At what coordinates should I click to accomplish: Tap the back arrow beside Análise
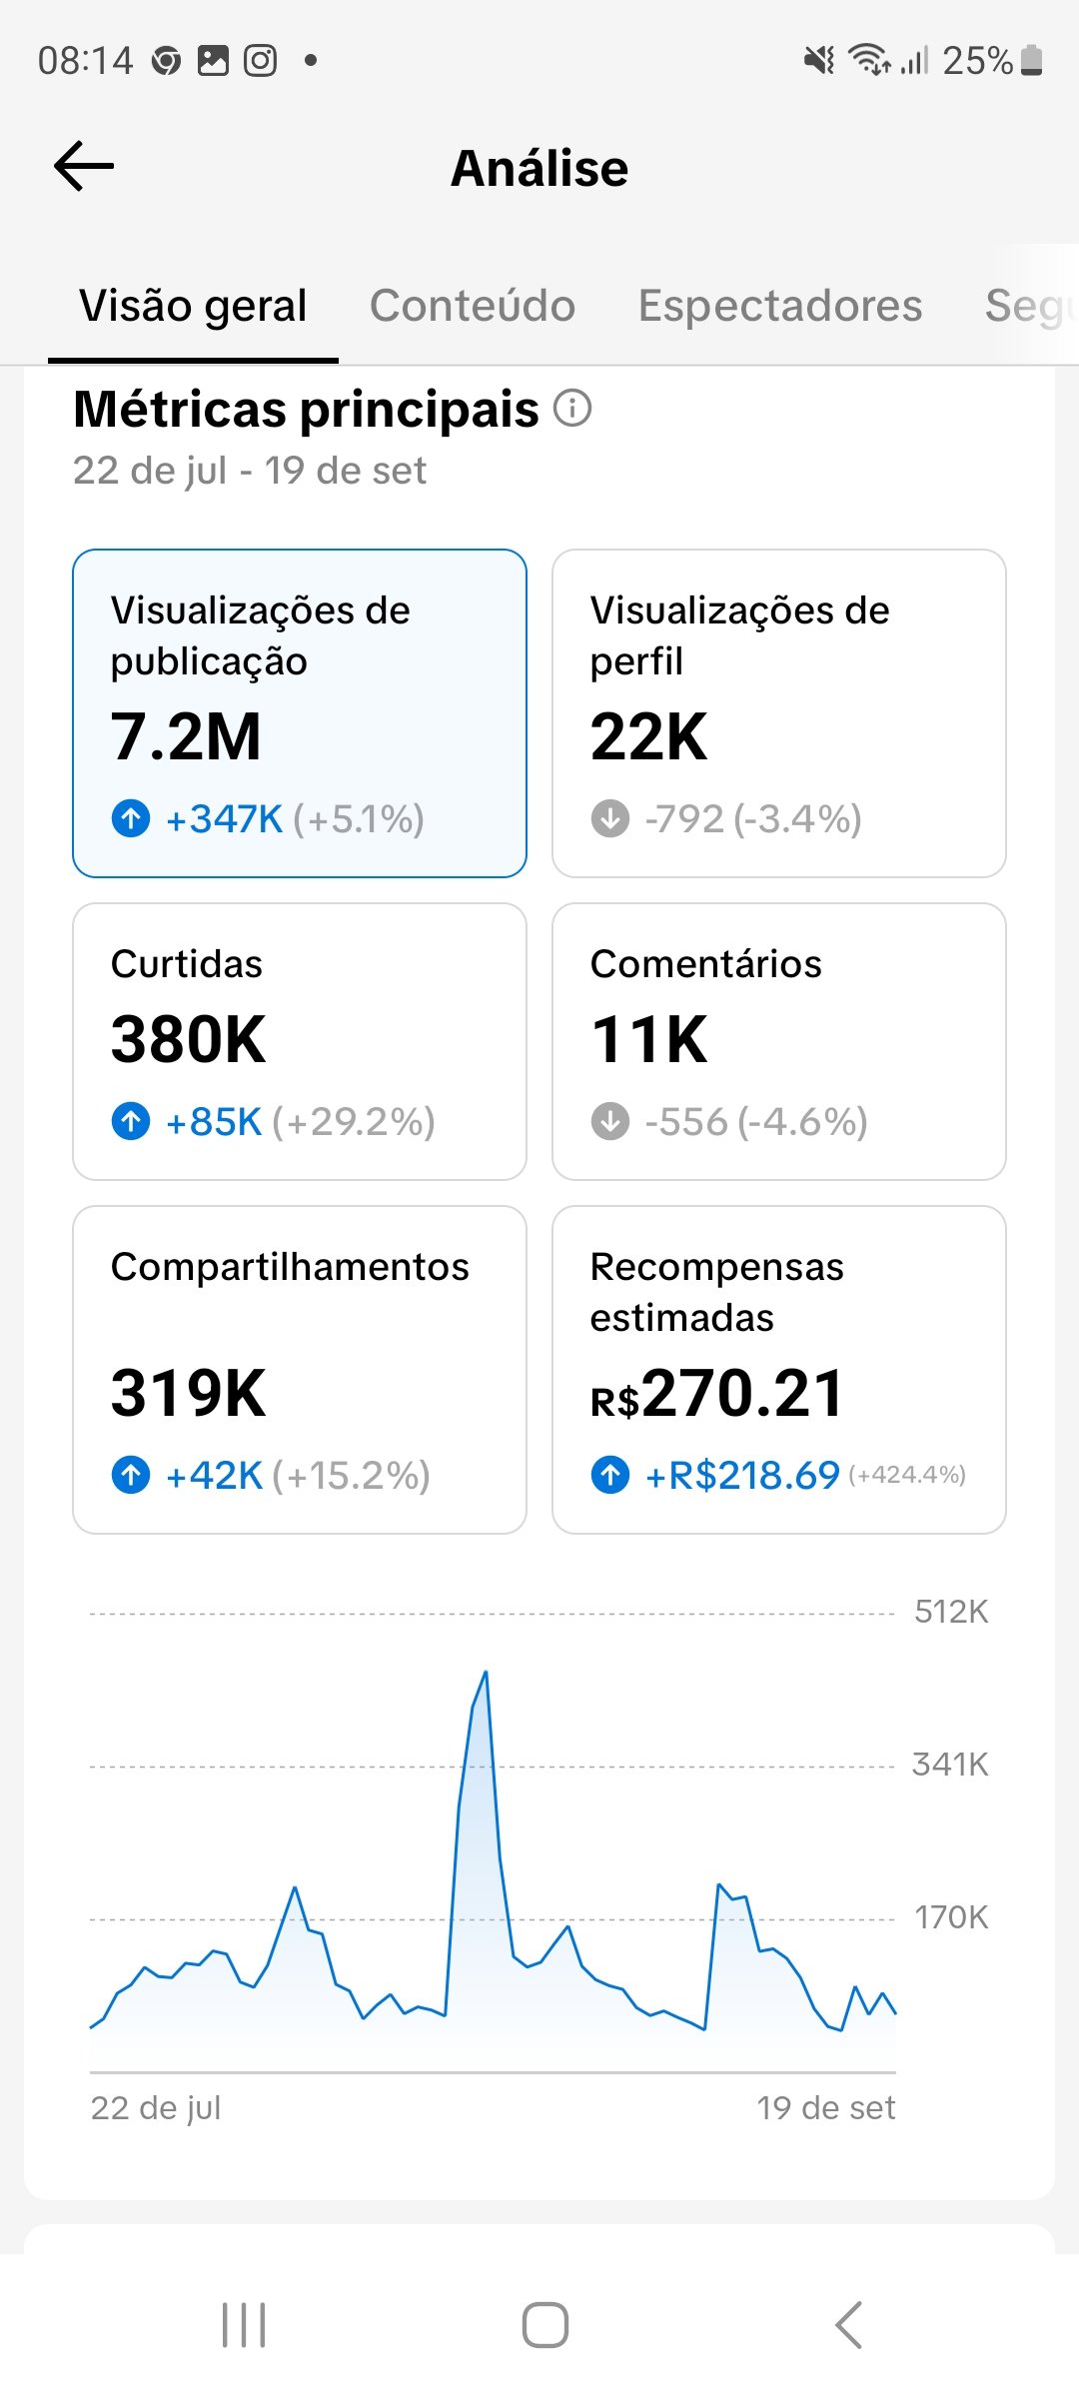click(x=84, y=166)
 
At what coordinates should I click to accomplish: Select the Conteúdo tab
click(x=472, y=306)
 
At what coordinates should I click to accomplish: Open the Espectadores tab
click(x=779, y=306)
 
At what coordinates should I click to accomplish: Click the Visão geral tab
click(x=193, y=306)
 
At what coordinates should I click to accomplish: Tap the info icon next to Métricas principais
click(x=572, y=409)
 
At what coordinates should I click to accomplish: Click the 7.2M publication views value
click(x=186, y=737)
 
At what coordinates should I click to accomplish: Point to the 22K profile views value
click(x=648, y=737)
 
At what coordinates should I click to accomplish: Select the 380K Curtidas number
click(x=188, y=1039)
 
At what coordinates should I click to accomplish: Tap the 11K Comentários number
click(x=648, y=1039)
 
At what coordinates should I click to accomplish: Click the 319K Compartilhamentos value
click(x=188, y=1393)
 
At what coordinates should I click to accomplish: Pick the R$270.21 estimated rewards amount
click(x=717, y=1394)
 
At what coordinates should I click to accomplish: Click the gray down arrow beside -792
click(x=610, y=818)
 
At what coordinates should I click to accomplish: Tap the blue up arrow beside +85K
click(x=131, y=1121)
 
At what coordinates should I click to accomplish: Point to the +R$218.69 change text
click(x=742, y=1475)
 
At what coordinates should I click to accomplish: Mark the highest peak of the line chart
click(x=486, y=1672)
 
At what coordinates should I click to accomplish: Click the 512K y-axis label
click(x=950, y=1612)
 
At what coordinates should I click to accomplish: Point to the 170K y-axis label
click(x=950, y=1917)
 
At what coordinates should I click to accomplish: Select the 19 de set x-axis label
click(x=825, y=2108)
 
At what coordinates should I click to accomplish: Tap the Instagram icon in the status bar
click(x=261, y=61)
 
